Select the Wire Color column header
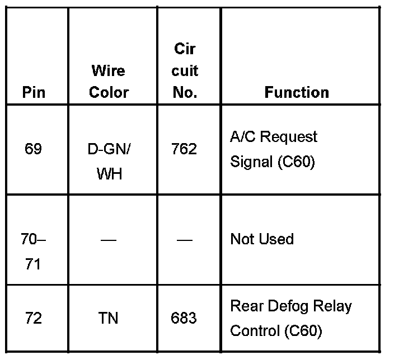coord(109,82)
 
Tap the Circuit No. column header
coord(185,71)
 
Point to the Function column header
coord(297,92)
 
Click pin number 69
coord(34,150)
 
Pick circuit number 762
coord(184,150)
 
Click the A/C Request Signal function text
coord(273,149)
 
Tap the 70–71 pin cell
coord(34,252)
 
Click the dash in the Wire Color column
coord(109,240)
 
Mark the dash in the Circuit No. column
coord(184,240)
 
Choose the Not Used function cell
coord(262,239)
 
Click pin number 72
coord(34,319)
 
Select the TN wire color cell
coord(109,319)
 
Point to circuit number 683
coord(184,319)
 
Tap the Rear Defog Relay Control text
coord(290,319)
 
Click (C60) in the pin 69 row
coord(296,162)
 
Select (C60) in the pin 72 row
coord(303,331)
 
